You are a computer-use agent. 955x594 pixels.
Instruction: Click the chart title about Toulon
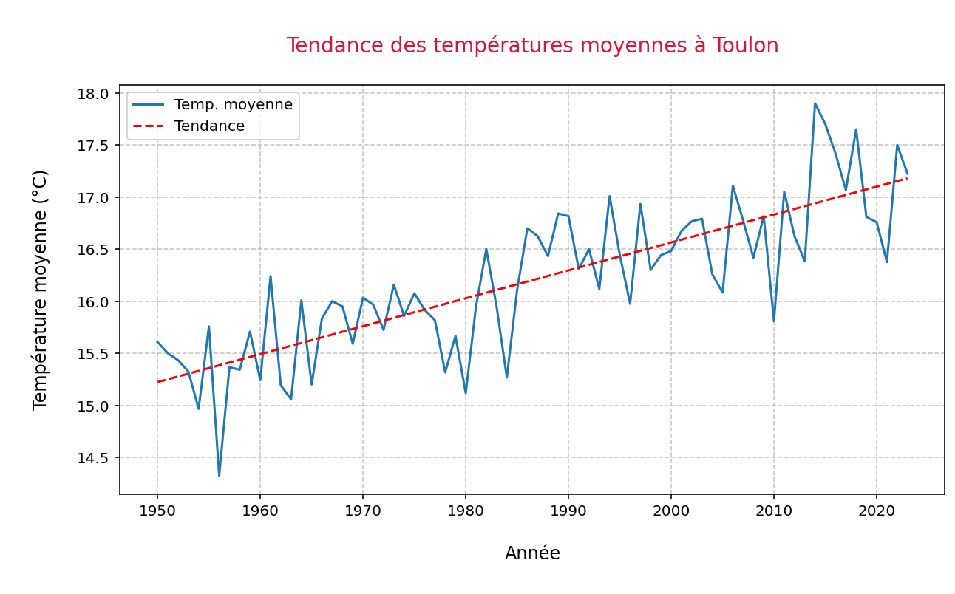[x=532, y=46]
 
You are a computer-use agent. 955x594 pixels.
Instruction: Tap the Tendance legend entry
[x=209, y=126]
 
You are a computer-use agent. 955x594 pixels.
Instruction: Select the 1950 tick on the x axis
[x=157, y=511]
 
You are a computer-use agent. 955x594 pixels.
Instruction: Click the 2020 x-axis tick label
[x=877, y=511]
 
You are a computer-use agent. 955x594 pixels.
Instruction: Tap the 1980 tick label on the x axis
[x=466, y=511]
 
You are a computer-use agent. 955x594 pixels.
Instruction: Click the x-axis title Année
[x=532, y=553]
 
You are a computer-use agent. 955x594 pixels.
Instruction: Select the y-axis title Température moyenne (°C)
[x=41, y=290]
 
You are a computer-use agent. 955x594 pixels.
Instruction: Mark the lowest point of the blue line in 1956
[x=219, y=475]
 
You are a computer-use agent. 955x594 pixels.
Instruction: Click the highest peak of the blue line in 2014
[x=815, y=103]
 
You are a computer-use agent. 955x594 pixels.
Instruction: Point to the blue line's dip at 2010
[x=774, y=321]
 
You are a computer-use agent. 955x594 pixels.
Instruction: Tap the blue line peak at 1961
[x=271, y=276]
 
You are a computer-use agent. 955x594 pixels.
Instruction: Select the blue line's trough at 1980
[x=466, y=392]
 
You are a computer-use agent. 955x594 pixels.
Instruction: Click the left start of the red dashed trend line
[x=157, y=382]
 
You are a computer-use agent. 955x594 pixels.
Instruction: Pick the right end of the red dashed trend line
[x=907, y=178]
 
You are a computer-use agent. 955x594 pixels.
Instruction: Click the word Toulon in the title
[x=745, y=46]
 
